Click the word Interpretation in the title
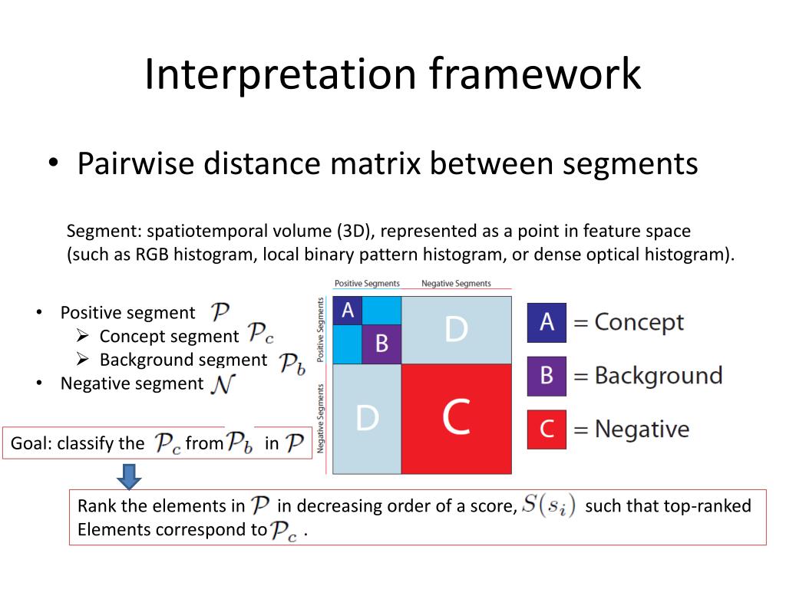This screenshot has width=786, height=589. (x=280, y=75)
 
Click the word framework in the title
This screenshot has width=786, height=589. (x=535, y=75)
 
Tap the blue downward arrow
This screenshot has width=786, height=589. (x=130, y=476)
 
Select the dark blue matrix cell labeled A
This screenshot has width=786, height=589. (x=347, y=311)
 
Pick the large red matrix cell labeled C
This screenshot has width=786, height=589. (x=456, y=419)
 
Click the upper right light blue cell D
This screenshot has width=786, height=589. (x=456, y=329)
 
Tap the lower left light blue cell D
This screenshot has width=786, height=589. (x=367, y=419)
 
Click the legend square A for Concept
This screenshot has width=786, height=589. (x=547, y=322)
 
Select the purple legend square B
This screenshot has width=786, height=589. (x=547, y=376)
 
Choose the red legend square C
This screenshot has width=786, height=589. (x=547, y=429)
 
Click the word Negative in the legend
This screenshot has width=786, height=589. (x=642, y=429)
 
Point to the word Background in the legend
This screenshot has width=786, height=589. (x=659, y=376)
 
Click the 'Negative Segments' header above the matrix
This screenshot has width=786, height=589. (x=456, y=284)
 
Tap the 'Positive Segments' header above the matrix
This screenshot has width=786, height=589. (x=367, y=284)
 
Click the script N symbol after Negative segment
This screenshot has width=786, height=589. (x=220, y=383)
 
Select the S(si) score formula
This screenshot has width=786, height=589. (x=547, y=505)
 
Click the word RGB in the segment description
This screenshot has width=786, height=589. (x=153, y=255)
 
